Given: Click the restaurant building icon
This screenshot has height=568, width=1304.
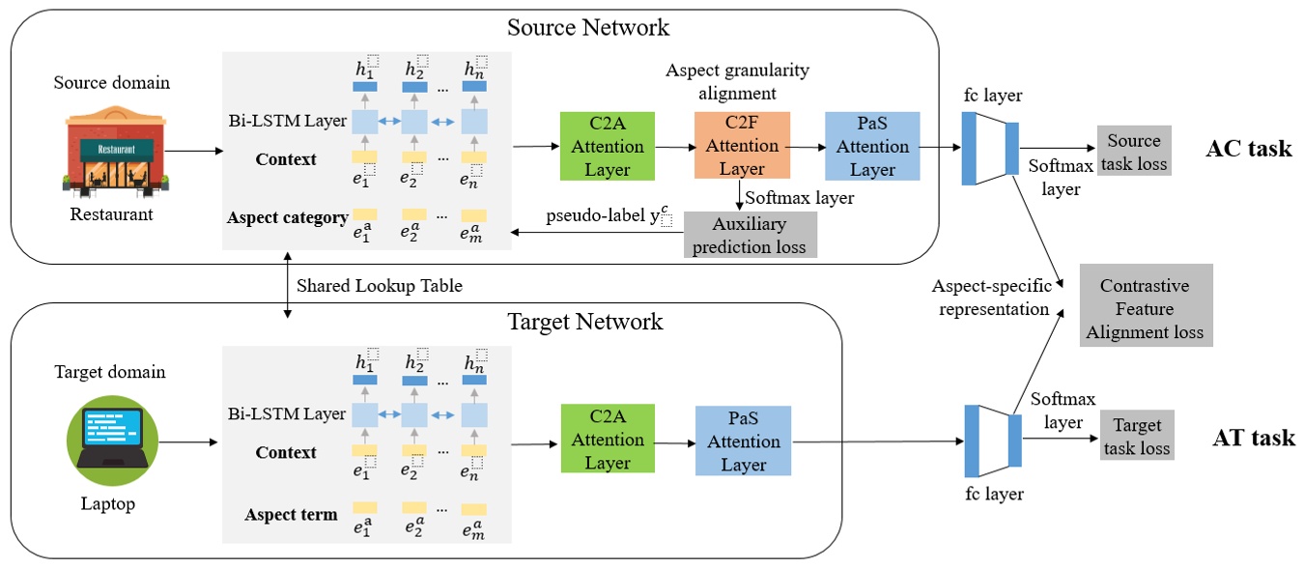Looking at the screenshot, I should coord(110,152).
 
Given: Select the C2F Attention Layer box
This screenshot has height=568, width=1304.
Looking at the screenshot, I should coord(742,146).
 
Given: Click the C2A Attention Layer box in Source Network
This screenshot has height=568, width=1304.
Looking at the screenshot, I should coord(608,146).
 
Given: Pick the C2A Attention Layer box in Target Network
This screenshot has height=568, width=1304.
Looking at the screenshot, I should coord(608,440).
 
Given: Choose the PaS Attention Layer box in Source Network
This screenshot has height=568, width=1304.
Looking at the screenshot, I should coord(872,146).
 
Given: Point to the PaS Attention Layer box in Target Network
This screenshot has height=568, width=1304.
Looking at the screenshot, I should coord(743,440).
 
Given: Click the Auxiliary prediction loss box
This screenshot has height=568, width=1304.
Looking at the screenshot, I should coord(750,235).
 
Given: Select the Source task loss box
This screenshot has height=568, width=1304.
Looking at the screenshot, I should coord(1133,152).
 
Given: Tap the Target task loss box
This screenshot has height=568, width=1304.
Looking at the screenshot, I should coord(1137,437).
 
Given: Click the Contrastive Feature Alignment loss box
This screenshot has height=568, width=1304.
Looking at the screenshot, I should coord(1145,309).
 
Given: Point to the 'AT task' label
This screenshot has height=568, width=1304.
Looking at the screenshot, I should coord(1253,438).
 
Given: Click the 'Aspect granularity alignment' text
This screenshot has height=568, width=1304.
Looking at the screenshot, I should coord(737,81).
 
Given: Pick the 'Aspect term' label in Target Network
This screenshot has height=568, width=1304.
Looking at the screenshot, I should coord(291,515).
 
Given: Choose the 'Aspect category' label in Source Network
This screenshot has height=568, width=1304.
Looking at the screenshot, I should coord(287,218).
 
